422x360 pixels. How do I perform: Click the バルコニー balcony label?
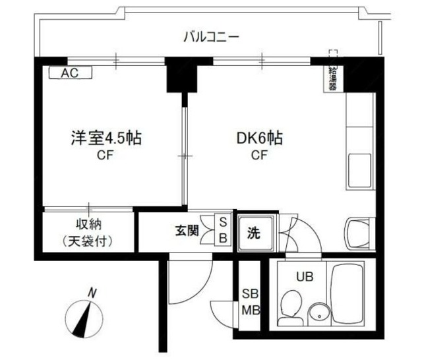click(x=211, y=37)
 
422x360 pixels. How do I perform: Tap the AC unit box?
click(x=69, y=74)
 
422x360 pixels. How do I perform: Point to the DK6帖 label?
click(x=260, y=139)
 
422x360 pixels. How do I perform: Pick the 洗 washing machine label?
click(x=255, y=233)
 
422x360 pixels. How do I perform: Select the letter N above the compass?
click(x=94, y=292)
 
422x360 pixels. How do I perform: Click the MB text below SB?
click(x=250, y=311)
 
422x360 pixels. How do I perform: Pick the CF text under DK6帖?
click(x=259, y=156)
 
